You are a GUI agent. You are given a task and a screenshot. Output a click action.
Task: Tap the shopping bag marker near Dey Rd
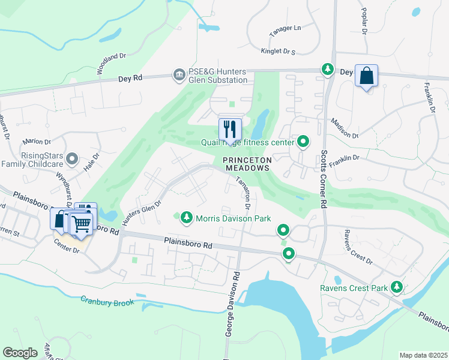[366, 76]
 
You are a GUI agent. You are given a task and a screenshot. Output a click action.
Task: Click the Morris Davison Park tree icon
[187, 217]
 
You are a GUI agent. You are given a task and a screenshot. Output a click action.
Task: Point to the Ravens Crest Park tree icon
[396, 287]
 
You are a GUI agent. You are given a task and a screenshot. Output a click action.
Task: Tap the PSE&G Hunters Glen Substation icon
[179, 75]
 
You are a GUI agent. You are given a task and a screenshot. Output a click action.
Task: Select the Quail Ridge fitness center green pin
[304, 142]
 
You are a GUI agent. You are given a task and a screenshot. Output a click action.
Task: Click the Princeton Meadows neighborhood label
[247, 164]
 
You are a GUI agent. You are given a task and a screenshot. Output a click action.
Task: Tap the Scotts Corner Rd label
[324, 180]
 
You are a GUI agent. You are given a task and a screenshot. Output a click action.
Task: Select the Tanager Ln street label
[285, 28]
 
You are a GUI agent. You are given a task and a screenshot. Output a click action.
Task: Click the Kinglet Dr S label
[278, 52]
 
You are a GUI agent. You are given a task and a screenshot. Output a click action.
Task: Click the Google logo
[20, 353]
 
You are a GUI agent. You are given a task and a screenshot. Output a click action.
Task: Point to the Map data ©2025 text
[423, 355]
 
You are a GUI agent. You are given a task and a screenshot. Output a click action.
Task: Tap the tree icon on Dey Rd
[327, 70]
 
